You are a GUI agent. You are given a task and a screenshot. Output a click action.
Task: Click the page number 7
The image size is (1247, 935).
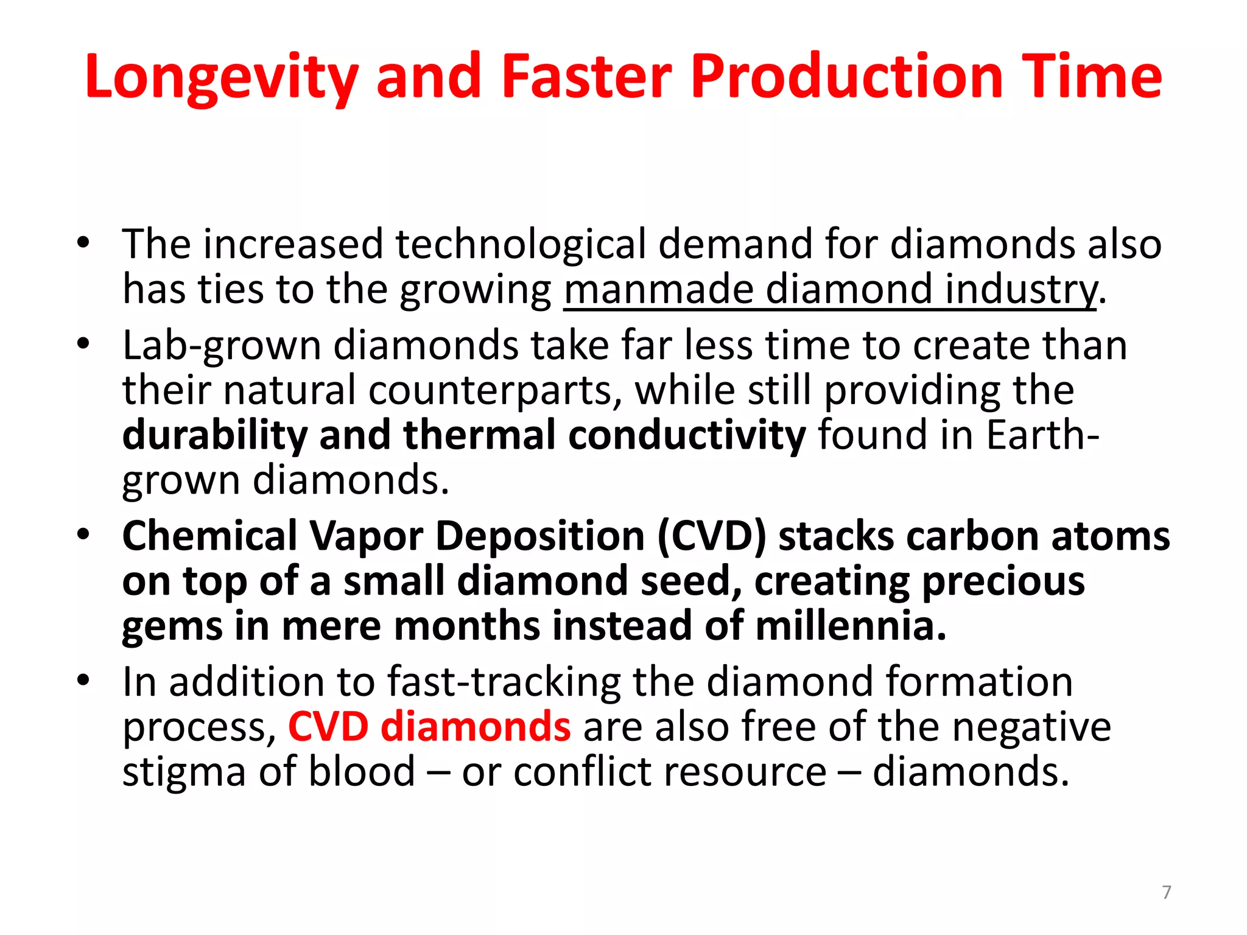1167,892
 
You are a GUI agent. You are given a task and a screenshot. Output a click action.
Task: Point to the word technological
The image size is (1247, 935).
521,244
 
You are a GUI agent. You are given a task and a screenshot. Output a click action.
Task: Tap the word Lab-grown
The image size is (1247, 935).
222,346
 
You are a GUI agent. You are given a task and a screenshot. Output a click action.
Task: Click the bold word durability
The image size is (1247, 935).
215,435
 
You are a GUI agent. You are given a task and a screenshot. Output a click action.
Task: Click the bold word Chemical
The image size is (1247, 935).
209,536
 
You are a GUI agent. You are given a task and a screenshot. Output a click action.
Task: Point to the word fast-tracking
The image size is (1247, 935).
505,682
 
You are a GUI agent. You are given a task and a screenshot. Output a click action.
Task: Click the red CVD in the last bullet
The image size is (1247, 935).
328,727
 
